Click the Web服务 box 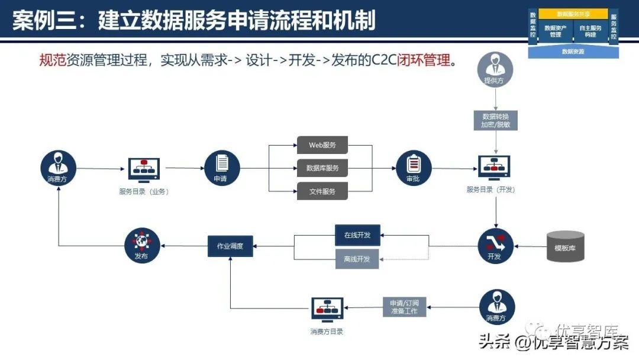322,145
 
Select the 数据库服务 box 322,168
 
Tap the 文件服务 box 322,191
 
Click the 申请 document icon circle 222,168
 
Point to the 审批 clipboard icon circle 414,168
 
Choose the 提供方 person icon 495,70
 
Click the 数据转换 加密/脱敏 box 496,121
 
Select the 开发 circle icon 495,246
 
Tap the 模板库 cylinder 565,246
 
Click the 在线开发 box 357,235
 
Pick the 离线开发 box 357,259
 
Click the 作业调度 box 230,246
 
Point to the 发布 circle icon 142,246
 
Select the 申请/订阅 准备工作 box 404,307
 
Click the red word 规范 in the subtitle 53,60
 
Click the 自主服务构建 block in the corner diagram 590,31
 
